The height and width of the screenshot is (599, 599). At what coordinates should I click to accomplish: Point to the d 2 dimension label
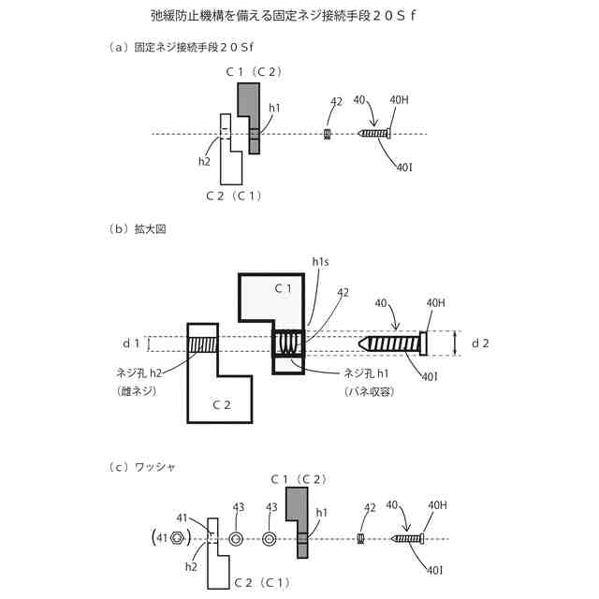coord(480,343)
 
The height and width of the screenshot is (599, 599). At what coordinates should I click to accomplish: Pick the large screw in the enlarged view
coord(393,343)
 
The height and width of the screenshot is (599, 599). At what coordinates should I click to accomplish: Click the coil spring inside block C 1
coord(288,344)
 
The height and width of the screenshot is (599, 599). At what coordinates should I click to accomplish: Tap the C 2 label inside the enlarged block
coord(221,404)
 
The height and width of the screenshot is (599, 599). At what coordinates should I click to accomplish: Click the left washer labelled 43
coord(236,538)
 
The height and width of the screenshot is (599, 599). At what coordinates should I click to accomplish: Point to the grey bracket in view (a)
coord(249,112)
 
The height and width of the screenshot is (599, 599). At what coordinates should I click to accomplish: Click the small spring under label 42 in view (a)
coord(329,135)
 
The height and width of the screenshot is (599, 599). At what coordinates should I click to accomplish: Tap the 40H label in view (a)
coord(398,100)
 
